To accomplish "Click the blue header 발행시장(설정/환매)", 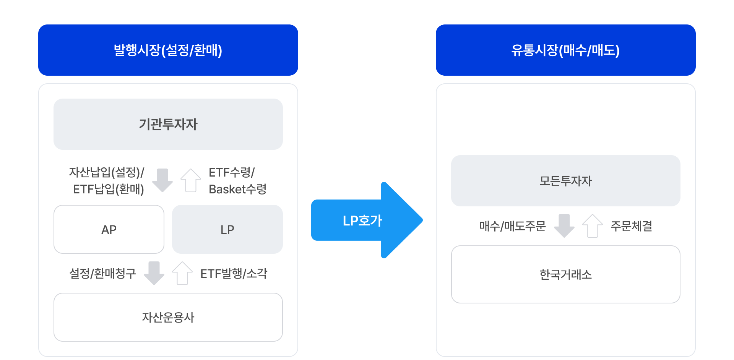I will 168,50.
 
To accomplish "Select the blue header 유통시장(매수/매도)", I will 565,50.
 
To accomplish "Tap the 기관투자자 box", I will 168,124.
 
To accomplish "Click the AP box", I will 109,229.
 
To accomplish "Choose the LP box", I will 227,229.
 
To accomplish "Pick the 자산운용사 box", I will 168,317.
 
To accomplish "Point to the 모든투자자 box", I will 565,181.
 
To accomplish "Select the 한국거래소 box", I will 565,274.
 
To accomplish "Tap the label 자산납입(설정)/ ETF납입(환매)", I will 107,180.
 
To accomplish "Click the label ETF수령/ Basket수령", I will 237,180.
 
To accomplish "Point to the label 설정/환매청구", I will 102,273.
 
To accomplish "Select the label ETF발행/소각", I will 234,273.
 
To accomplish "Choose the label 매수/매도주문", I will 512,226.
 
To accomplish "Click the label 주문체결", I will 631,226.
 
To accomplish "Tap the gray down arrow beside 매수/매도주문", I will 564,226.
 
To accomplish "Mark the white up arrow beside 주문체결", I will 593,226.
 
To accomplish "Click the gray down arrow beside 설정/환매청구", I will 154,273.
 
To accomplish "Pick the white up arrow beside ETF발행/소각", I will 182,273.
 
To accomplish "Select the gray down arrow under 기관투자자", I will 162,180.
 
